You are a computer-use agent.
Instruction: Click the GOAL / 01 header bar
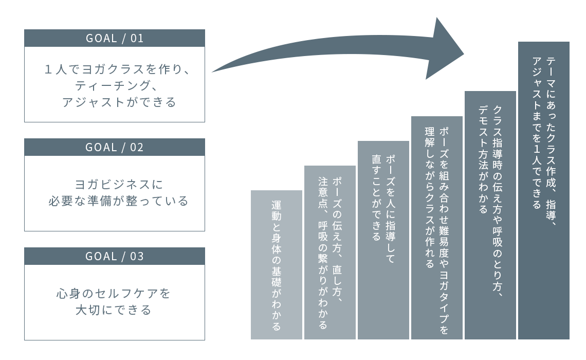114,38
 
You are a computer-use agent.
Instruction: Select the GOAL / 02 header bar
114,147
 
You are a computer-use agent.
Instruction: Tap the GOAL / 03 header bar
114,256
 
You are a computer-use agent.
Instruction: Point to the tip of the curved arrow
463,53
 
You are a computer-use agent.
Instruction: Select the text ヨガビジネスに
115,184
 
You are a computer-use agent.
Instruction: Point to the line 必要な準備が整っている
118,201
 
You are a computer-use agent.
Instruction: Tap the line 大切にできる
114,310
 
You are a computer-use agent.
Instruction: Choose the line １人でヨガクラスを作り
118,69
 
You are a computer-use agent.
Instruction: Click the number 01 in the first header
137,38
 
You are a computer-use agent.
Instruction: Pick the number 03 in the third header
137,256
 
